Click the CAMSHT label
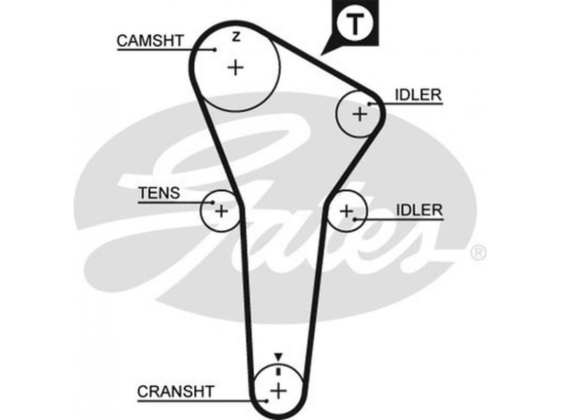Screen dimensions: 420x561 tap(150, 41)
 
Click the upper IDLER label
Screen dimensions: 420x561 tap(419, 94)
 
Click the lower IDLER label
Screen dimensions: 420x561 tap(419, 209)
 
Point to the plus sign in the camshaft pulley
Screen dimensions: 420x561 tap(236, 67)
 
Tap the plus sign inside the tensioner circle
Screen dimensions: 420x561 tap(221, 210)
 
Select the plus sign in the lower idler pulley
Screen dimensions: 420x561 tap(347, 209)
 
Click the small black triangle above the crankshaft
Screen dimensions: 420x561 tap(278, 357)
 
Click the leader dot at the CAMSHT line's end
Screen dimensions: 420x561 tap(214, 50)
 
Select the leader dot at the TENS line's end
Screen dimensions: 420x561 tap(209, 202)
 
